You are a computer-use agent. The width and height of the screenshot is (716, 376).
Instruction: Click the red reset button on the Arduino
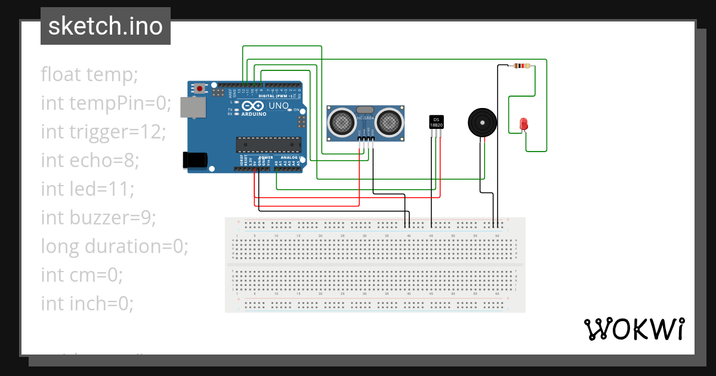pos(199,88)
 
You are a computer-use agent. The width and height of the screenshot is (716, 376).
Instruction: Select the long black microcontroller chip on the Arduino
pos(268,145)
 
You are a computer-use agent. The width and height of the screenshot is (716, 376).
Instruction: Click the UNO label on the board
pos(279,105)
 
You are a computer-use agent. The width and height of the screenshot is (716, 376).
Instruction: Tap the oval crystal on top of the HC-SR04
pos(365,110)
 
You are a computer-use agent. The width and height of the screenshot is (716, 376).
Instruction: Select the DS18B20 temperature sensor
pos(437,122)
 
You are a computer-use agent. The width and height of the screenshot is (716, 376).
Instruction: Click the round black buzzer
pos(482,122)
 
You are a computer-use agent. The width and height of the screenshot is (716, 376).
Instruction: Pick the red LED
pos(524,124)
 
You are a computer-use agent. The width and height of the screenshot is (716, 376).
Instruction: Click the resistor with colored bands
pos(521,66)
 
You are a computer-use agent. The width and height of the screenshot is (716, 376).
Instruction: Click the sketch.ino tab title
pos(105,26)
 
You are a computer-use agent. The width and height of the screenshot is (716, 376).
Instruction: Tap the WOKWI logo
pos(634,329)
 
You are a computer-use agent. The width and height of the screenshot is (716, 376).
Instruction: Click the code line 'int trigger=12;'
pos(102,132)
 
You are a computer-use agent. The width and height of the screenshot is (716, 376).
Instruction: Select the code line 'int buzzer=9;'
pos(98,218)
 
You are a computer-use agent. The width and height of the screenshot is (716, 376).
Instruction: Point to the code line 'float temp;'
pos(89,75)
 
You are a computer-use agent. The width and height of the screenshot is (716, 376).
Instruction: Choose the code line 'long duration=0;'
pos(115,246)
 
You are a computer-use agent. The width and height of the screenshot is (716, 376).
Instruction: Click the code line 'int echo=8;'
pos(89,161)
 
